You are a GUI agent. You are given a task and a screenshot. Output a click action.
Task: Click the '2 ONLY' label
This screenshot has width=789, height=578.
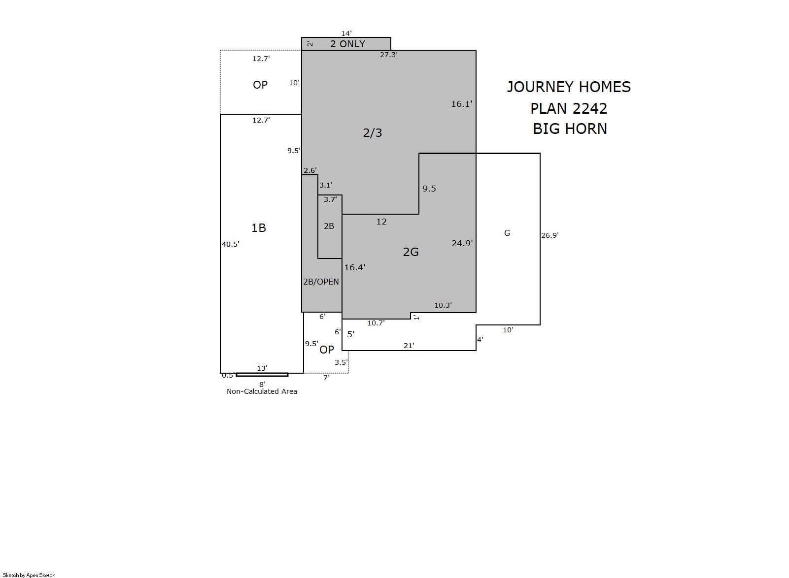coord(347,44)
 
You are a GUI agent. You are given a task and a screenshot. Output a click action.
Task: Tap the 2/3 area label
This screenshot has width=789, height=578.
coord(372,132)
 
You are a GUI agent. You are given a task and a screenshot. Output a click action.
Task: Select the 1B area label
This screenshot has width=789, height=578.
coord(259,228)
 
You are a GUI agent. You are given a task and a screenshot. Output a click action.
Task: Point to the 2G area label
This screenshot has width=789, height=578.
coord(411,252)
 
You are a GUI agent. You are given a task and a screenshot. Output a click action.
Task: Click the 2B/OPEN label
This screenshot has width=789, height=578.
coord(321,282)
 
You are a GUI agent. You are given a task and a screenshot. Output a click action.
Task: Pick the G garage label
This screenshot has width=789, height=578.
coord(507,233)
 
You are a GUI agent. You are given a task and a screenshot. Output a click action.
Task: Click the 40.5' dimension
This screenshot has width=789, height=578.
coord(230,244)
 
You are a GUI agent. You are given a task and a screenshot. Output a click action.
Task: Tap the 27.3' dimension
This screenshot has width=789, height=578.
coord(388,55)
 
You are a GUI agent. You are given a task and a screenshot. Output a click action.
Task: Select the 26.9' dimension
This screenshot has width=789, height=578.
coord(550,235)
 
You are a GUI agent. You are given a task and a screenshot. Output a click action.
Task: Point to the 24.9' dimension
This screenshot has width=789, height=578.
coord(462,243)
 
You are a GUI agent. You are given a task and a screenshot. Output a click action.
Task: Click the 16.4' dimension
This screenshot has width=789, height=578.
coord(355,267)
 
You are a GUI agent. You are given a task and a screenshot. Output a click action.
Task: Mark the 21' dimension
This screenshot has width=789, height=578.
coord(409,346)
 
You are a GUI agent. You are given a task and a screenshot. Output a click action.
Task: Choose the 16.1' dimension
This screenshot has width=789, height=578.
coord(462,104)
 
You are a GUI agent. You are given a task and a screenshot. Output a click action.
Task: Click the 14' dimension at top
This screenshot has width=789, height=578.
coord(346,33)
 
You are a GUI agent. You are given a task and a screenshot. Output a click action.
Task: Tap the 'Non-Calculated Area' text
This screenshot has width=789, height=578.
coord(262,391)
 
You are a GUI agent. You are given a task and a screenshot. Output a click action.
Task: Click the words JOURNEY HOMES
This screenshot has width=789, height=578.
coord(569,87)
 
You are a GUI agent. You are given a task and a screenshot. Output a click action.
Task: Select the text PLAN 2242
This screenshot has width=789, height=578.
coord(569,108)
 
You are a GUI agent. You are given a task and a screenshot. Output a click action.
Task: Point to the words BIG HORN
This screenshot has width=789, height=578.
coord(570,129)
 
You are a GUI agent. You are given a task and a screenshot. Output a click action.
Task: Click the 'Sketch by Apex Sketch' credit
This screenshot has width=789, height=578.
coord(29,575)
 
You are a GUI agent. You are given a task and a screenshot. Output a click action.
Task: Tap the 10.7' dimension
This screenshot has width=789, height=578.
coord(376,323)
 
